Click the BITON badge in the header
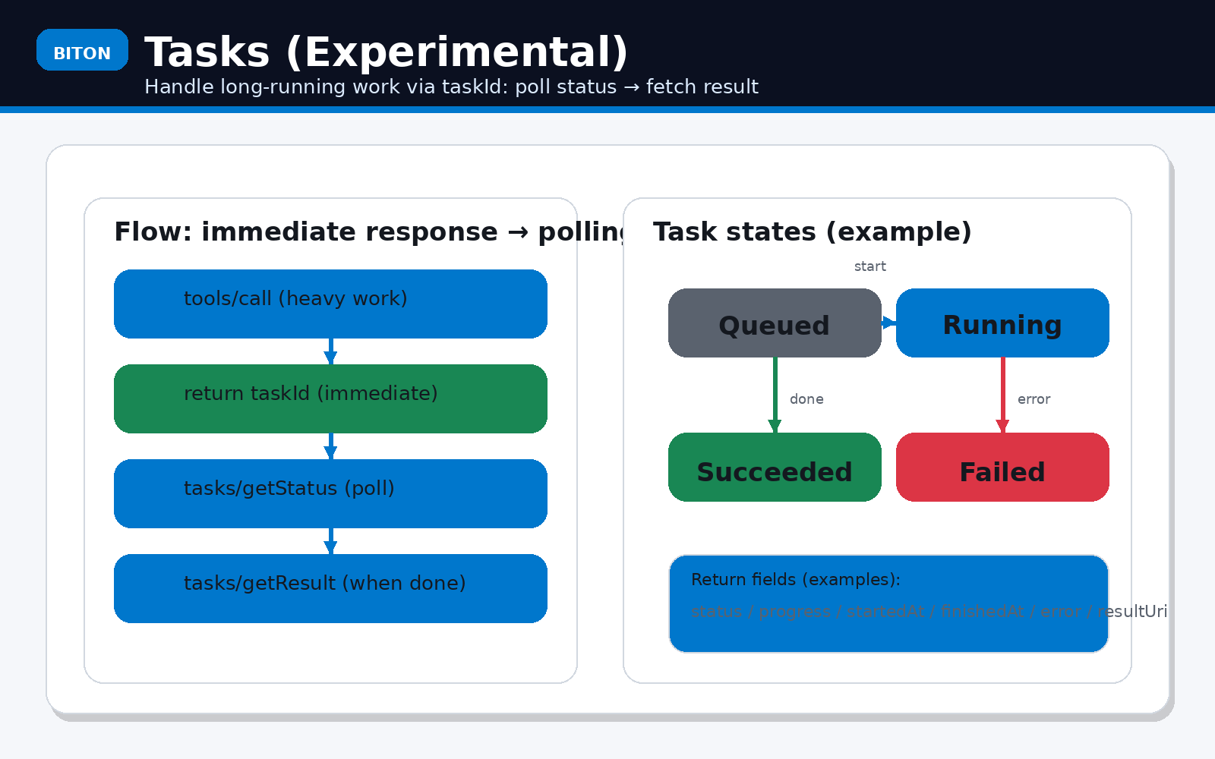pyautogui.click(x=82, y=50)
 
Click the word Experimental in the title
pyautogui.click(x=456, y=52)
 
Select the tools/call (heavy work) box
pyautogui.click(x=330, y=304)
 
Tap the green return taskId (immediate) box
pyautogui.click(x=330, y=398)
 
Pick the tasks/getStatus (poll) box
pyautogui.click(x=330, y=493)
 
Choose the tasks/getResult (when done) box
pyautogui.click(x=330, y=588)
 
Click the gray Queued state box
pyautogui.click(x=775, y=323)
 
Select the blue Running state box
pyautogui.click(x=1002, y=323)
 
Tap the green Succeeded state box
pyautogui.click(x=775, y=467)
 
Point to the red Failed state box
pyautogui.click(x=1002, y=467)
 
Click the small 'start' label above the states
pyautogui.click(x=869, y=266)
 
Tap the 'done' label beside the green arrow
pyautogui.click(x=806, y=399)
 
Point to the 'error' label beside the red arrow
pyautogui.click(x=1034, y=399)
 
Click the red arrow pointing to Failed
pyautogui.click(x=1002, y=395)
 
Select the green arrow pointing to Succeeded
pyautogui.click(x=775, y=395)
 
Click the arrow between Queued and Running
pyautogui.click(x=888, y=323)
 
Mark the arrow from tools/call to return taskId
pyautogui.click(x=330, y=351)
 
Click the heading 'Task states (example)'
pyautogui.click(x=812, y=231)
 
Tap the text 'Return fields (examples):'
pyautogui.click(x=795, y=579)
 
